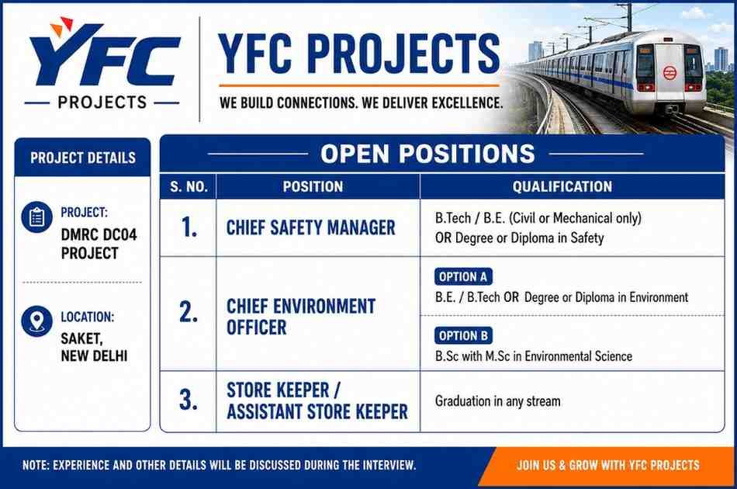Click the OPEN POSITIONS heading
coord(427,154)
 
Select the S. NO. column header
coord(189,186)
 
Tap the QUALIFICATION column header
coord(562,186)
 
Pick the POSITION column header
coord(313,186)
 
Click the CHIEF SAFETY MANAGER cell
coord(310,227)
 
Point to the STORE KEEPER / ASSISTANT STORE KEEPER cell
coord(317,401)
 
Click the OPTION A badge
coord(463,277)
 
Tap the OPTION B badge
coord(463,336)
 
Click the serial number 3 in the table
coord(188,401)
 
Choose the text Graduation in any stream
coord(498,401)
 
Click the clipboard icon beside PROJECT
coord(36,217)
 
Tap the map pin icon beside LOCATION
coord(36,321)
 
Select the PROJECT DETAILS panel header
coord(83,158)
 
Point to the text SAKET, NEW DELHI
coord(94,347)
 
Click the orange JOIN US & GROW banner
coord(607,466)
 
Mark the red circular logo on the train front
coord(670,73)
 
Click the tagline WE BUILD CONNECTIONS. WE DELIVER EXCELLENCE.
coord(361,102)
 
